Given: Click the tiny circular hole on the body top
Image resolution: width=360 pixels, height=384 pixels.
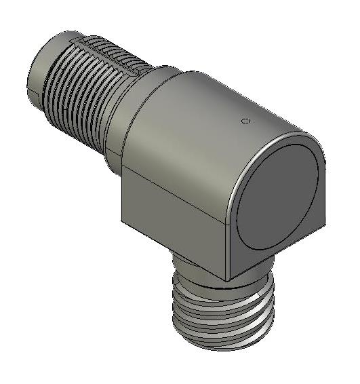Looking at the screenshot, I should point(245,121).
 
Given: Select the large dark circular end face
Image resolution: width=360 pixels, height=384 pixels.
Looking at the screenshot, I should point(278,197).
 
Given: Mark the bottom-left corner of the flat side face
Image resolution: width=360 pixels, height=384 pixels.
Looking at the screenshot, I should point(123,220).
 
